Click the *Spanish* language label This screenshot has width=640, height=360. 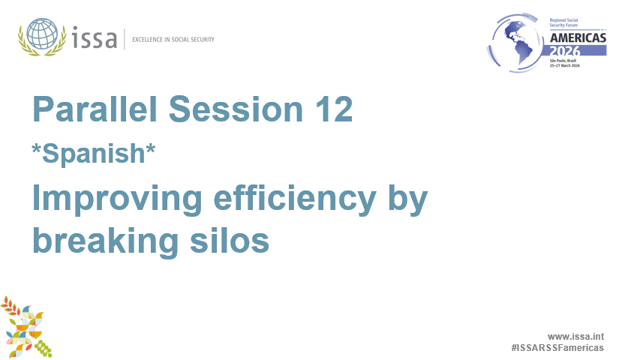(x=93, y=153)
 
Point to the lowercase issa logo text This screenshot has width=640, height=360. (x=95, y=37)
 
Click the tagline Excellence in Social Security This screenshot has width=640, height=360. (x=173, y=39)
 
